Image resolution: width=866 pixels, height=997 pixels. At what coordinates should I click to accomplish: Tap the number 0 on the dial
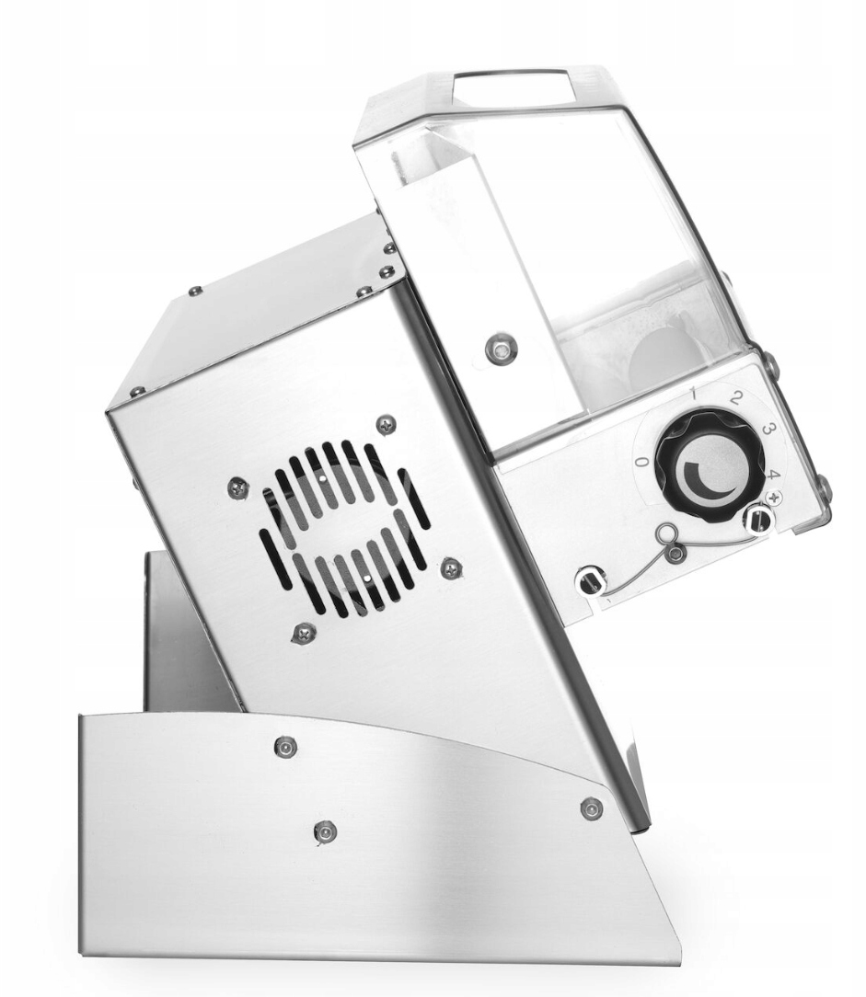click(x=643, y=463)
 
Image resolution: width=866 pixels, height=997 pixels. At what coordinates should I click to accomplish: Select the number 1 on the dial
click(x=695, y=395)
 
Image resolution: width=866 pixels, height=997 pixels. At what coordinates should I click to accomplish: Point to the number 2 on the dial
click(x=737, y=398)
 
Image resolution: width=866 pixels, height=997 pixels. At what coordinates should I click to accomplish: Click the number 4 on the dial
click(x=772, y=475)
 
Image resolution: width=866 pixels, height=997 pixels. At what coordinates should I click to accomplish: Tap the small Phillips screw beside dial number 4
click(x=774, y=497)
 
